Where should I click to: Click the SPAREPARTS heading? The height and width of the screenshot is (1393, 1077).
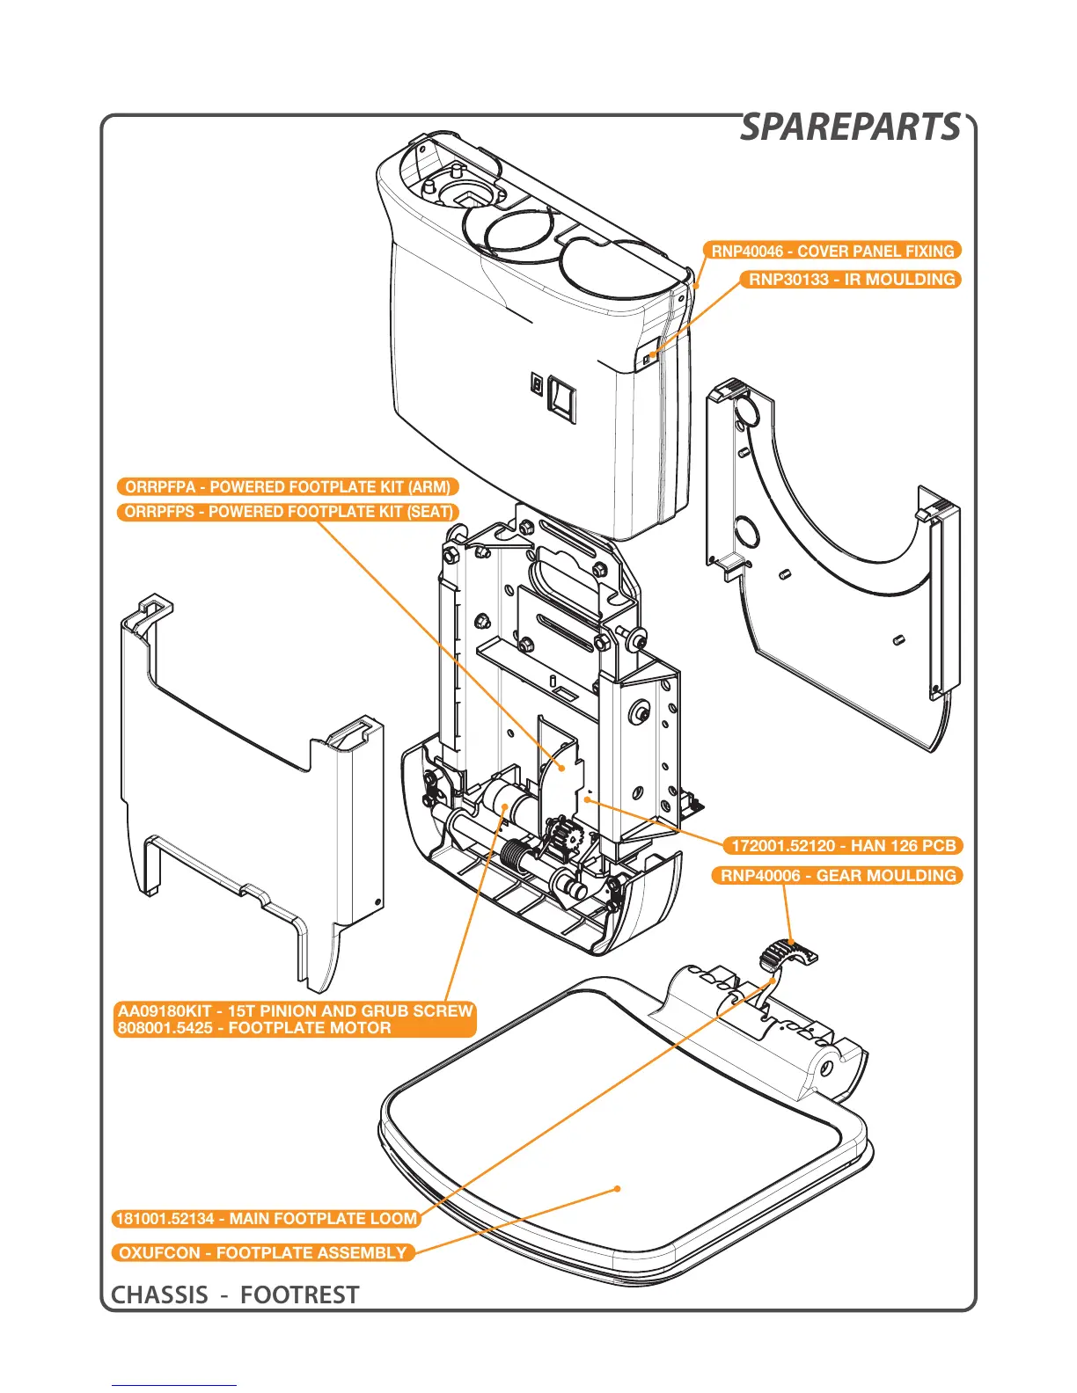850,128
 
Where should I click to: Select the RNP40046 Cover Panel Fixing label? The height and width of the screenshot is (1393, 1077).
832,252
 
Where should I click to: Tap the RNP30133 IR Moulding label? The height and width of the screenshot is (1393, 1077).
851,280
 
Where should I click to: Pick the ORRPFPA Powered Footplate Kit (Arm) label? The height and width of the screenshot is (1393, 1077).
288,487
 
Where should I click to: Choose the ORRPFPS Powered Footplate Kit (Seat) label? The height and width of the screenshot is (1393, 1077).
288,512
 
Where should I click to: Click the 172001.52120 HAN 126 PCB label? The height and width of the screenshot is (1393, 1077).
843,846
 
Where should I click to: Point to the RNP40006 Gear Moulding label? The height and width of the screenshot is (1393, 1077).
838,876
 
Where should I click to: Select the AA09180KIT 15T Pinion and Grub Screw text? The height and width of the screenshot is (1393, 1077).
296,1011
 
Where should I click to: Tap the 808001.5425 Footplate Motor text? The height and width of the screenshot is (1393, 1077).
254,1028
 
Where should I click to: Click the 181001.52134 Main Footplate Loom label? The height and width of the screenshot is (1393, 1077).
266,1219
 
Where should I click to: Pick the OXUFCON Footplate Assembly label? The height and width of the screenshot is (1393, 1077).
262,1253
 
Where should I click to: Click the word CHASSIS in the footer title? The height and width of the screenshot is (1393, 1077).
160,1295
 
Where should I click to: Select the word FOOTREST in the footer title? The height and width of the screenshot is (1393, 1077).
299,1295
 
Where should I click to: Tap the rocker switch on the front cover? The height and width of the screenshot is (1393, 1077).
561,399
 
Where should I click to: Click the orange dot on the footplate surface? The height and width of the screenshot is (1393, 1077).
618,1188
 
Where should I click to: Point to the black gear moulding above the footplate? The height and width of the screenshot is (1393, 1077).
786,952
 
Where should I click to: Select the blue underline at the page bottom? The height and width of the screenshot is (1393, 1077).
173,1385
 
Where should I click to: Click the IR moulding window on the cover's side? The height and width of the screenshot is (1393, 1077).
648,356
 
